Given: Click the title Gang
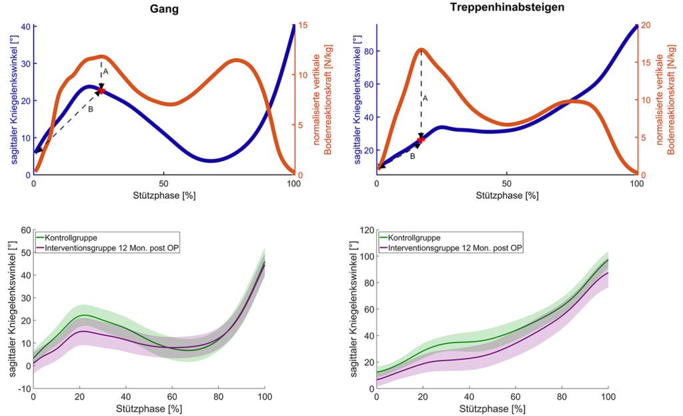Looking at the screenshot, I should click(x=163, y=9).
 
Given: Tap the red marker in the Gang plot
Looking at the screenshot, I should click(x=101, y=90).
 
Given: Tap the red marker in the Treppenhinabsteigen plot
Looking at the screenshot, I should click(x=420, y=140).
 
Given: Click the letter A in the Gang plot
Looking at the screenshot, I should click(x=105, y=71).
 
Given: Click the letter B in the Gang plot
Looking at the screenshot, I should click(x=91, y=109).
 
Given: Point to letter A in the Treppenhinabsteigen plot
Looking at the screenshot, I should click(x=425, y=98).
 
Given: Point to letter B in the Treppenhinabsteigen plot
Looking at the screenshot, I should click(x=412, y=156).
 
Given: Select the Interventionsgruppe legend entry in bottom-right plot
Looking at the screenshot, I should click(x=450, y=248).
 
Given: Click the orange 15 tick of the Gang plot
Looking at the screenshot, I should click(x=302, y=25).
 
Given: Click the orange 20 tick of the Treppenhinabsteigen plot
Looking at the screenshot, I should click(x=645, y=25).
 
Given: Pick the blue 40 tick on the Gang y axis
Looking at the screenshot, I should click(x=25, y=27).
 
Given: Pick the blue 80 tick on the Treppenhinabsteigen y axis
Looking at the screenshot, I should click(x=368, y=51).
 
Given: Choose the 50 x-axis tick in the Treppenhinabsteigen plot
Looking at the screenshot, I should click(x=507, y=184).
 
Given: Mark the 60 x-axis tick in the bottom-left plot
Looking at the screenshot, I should click(x=172, y=397).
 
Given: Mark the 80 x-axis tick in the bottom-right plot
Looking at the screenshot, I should click(x=562, y=397).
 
